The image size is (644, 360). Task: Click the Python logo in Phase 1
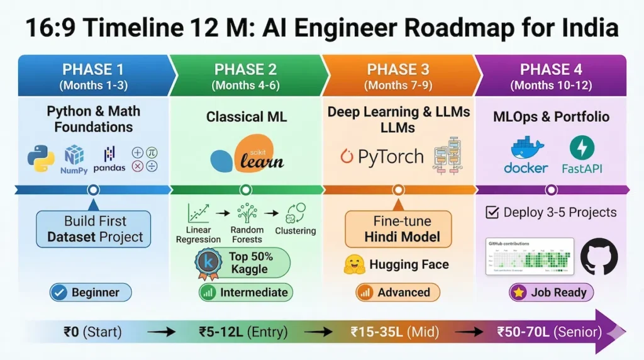pos(41,159)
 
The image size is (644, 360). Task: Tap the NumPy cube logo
pos(74,156)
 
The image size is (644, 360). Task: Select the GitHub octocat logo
pos(598,256)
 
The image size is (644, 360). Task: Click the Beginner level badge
pos(91,292)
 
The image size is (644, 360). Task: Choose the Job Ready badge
pos(551,292)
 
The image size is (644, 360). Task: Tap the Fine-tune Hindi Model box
pos(398,229)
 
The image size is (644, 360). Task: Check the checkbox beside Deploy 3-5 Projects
pos(492,213)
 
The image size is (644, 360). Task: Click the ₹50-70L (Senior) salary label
pos(548,331)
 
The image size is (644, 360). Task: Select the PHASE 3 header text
pos(397,69)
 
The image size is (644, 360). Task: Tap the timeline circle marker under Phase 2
pos(245,189)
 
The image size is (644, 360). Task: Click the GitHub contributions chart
pos(530,256)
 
